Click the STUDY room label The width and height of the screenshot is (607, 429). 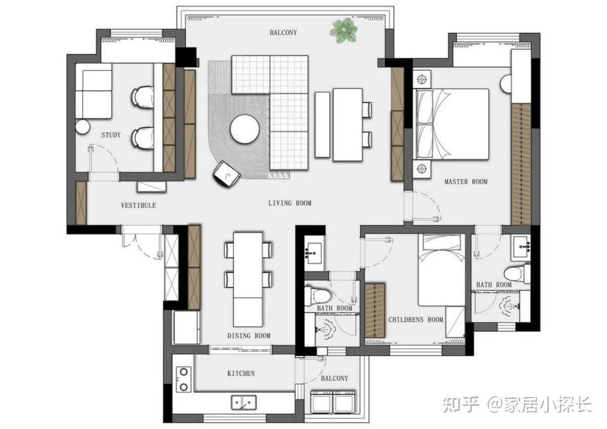point(111,135)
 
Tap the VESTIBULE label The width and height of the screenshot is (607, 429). point(139,205)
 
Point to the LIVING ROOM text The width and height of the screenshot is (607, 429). point(290,203)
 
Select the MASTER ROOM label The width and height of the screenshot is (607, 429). point(466,182)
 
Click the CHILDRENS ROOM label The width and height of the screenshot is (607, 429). point(416,320)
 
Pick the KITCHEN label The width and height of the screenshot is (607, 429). point(241,373)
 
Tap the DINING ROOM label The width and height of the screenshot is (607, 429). point(249,336)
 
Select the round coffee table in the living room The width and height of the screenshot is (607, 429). point(245,129)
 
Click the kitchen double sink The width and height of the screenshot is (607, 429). point(244,403)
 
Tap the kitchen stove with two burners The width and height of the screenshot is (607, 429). point(184,379)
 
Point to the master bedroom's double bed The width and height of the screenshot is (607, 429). point(452,124)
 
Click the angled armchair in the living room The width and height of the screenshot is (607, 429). point(227,174)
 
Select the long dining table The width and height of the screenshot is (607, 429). point(248,279)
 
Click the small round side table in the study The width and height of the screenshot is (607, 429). point(82,126)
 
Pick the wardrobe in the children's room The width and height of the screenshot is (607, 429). point(375,311)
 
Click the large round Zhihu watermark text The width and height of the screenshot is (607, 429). point(517,404)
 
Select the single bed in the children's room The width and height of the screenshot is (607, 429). point(442,270)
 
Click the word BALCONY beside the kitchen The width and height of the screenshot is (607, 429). point(334,378)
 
